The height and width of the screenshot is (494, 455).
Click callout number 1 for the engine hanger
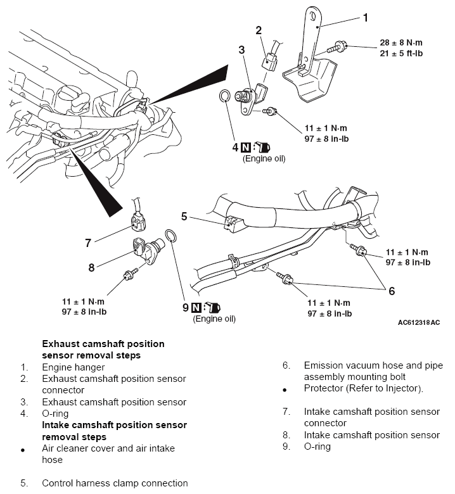pos(365,18)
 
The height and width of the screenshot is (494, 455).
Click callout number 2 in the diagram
pos(259,30)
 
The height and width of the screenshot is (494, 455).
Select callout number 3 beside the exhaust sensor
pos(241,49)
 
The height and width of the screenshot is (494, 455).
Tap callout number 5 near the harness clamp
pos(184,216)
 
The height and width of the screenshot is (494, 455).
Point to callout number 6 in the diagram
pos(392,291)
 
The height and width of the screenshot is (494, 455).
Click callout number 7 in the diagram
pos(89,241)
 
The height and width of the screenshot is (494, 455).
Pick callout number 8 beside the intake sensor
pos(91,267)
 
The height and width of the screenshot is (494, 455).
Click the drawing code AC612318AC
pos(419,322)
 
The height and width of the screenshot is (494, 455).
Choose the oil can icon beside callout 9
pos(212,308)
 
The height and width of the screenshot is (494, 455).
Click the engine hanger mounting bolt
pos(337,46)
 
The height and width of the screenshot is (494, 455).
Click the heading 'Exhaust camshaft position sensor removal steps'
pos(103,350)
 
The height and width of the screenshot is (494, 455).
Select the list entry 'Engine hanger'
pos(74,367)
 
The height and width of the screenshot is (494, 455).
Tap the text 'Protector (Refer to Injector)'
pos(363,388)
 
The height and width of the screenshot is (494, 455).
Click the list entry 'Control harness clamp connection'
pos(115,483)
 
